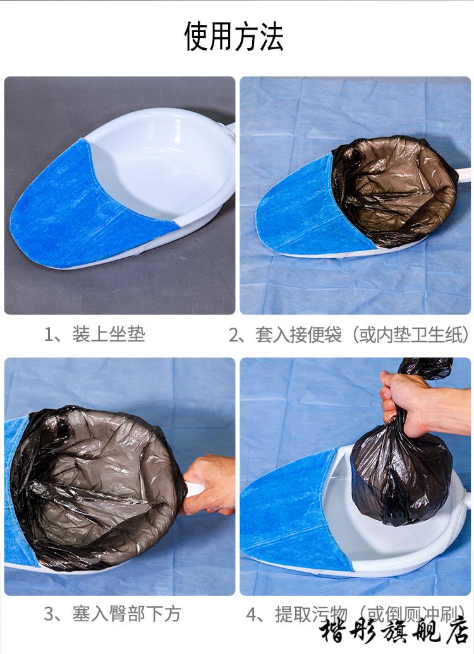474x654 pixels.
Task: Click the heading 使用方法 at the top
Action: point(234,36)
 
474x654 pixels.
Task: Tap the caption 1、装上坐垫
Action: point(95,333)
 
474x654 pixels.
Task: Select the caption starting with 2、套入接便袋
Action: point(349,334)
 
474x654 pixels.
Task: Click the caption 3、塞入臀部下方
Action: point(112,614)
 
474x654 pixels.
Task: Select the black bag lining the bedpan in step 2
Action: point(392,189)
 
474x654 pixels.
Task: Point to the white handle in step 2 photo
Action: point(463,174)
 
